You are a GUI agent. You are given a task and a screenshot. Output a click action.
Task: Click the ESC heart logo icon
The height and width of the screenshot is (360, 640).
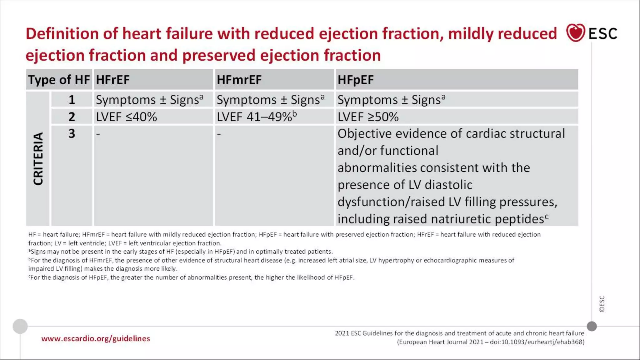pyautogui.click(x=575, y=32)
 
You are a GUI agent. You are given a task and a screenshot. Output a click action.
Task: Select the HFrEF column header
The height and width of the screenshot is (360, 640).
pyautogui.click(x=113, y=80)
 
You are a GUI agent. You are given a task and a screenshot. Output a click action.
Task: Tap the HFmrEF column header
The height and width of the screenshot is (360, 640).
pyautogui.click(x=239, y=80)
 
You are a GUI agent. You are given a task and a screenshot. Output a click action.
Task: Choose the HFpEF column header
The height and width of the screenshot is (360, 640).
pyautogui.click(x=355, y=80)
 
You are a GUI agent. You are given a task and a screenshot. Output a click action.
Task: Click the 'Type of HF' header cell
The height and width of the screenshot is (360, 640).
pyautogui.click(x=59, y=80)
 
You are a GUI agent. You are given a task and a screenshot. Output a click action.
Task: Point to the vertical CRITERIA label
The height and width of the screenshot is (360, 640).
pyautogui.click(x=38, y=159)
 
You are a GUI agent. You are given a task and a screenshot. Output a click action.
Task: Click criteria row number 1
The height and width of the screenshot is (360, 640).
pyautogui.click(x=72, y=100)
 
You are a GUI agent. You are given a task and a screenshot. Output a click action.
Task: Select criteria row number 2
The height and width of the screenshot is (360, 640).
pyautogui.click(x=72, y=117)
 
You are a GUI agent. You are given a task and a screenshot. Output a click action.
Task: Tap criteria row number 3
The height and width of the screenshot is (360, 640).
pyautogui.click(x=72, y=134)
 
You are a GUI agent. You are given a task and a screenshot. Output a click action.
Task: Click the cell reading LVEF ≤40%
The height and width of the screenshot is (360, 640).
pyautogui.click(x=126, y=117)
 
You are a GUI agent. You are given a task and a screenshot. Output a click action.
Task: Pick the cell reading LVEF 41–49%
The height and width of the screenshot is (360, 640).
pyautogui.click(x=256, y=117)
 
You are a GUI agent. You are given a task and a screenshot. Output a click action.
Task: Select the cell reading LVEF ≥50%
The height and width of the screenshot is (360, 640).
pyautogui.click(x=368, y=117)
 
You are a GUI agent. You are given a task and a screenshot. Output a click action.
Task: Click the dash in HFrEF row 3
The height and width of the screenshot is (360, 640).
pyautogui.click(x=98, y=134)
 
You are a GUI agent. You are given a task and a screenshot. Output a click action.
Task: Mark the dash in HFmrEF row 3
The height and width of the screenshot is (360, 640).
pyautogui.click(x=219, y=134)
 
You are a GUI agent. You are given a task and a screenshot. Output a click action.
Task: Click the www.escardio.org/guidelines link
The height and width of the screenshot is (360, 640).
pyautogui.click(x=96, y=338)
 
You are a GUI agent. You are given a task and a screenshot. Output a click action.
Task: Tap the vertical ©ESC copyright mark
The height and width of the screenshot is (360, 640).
pyautogui.click(x=602, y=304)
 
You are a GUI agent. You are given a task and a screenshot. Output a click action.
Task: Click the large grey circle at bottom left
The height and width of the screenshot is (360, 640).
pyautogui.click(x=20, y=326)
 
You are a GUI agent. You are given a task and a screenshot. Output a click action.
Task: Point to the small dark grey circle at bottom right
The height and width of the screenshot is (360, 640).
pyautogui.click(x=592, y=326)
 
